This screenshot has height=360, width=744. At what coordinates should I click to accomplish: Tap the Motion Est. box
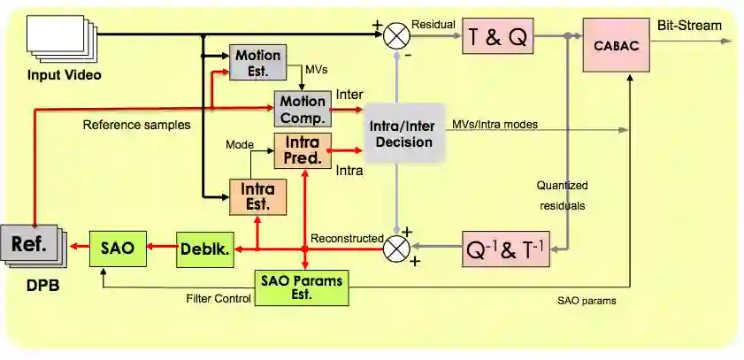coord(257,62)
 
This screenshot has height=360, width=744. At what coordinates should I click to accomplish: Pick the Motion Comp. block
coord(303,108)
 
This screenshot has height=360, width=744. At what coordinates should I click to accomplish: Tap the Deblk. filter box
coord(204,249)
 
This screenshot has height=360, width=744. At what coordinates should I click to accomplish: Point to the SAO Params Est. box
coord(302,286)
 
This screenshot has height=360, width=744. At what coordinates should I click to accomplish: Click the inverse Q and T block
coord(507,249)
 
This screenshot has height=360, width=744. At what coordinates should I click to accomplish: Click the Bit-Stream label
coord(688,26)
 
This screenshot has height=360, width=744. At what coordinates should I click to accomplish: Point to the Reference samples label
coord(136,125)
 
